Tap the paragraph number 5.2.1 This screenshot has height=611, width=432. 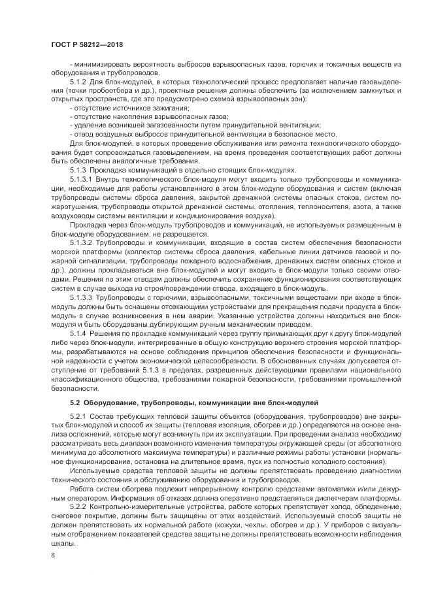[x=78, y=416]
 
